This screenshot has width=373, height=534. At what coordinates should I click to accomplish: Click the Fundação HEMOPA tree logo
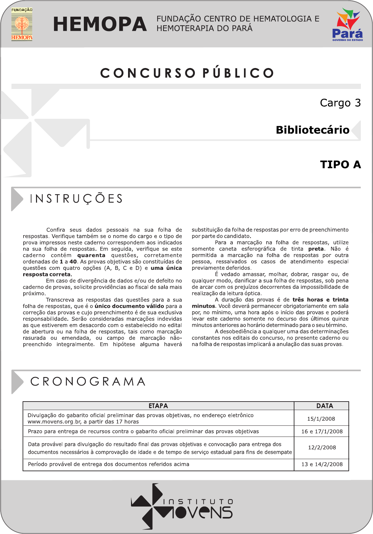click(x=22, y=24)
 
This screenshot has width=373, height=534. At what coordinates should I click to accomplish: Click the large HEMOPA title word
click(x=100, y=24)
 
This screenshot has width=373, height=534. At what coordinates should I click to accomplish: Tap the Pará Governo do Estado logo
click(x=347, y=25)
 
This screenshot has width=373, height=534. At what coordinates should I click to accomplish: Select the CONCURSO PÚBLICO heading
click(x=187, y=73)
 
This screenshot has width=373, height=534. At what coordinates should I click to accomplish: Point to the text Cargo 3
click(x=340, y=103)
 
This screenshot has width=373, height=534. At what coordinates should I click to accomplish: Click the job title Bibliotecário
click(x=312, y=130)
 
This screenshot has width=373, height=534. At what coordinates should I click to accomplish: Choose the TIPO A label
click(x=340, y=164)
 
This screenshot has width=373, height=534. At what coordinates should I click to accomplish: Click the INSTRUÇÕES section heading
click(x=76, y=199)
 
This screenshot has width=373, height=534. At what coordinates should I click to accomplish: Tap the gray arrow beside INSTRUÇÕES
click(x=17, y=199)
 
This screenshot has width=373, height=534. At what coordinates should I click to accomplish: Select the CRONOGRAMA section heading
click(x=88, y=381)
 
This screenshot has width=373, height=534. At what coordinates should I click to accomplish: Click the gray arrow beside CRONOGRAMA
click(x=17, y=382)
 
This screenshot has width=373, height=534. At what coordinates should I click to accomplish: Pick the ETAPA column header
click(x=158, y=406)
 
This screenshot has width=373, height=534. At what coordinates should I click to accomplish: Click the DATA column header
click(x=325, y=406)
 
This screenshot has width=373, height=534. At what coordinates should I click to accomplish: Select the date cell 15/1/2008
click(x=321, y=419)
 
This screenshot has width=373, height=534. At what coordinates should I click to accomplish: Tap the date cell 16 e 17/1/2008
click(x=322, y=431)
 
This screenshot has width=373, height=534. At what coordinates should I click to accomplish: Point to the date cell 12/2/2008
click(x=322, y=447)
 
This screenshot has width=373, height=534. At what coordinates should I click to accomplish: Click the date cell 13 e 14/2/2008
click(x=322, y=464)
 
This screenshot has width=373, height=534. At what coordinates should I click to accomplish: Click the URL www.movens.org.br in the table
click(x=54, y=422)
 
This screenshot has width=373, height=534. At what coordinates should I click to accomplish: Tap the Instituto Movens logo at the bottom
click(x=182, y=506)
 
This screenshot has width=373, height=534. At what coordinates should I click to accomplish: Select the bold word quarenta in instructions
click(x=91, y=255)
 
